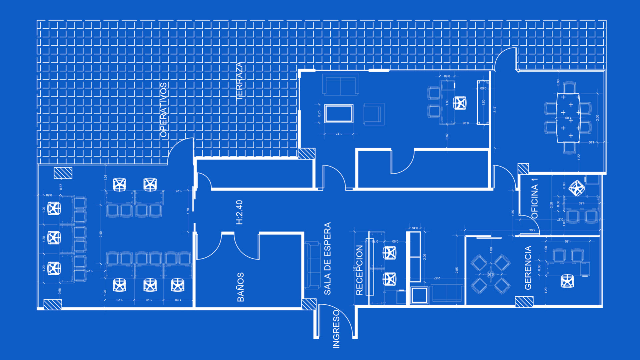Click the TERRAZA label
(240, 82)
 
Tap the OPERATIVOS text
(163, 110)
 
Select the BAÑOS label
(240, 287)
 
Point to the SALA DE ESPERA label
(328, 259)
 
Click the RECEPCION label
(359, 270)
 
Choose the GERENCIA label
(528, 268)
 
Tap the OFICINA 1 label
(535, 198)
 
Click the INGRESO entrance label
(336, 329)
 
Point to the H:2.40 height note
(239, 212)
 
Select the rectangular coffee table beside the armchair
(339, 114)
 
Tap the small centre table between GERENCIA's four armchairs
(490, 274)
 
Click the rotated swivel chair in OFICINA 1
(576, 188)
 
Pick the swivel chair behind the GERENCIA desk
(567, 281)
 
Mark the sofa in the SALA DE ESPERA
(312, 265)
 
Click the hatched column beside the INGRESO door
(309, 304)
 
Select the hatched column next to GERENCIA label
(524, 302)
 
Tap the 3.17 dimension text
(495, 109)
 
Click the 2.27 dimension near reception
(437, 278)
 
